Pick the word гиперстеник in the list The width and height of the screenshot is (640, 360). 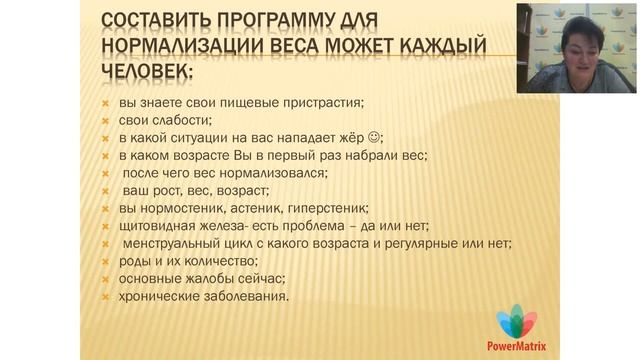point(321,209)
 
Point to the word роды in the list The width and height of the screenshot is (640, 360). point(135,262)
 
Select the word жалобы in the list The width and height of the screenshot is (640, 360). point(210,280)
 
